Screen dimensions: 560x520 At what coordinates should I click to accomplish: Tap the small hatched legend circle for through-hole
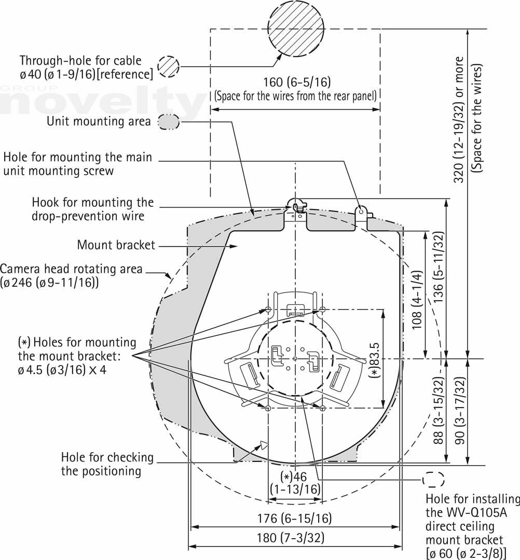169,67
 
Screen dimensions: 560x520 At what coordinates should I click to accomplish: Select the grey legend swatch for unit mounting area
169,122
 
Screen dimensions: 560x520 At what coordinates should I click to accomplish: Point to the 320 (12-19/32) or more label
459,120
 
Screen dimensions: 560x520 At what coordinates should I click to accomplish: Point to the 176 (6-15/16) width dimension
295,518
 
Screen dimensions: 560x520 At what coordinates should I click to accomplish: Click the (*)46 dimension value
294,477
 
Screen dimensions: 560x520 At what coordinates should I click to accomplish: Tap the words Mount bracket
116,245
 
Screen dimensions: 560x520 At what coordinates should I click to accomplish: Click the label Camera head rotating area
71,269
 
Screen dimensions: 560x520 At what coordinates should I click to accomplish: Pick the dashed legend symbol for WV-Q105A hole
434,480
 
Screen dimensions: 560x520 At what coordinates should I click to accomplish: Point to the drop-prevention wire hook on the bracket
297,206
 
